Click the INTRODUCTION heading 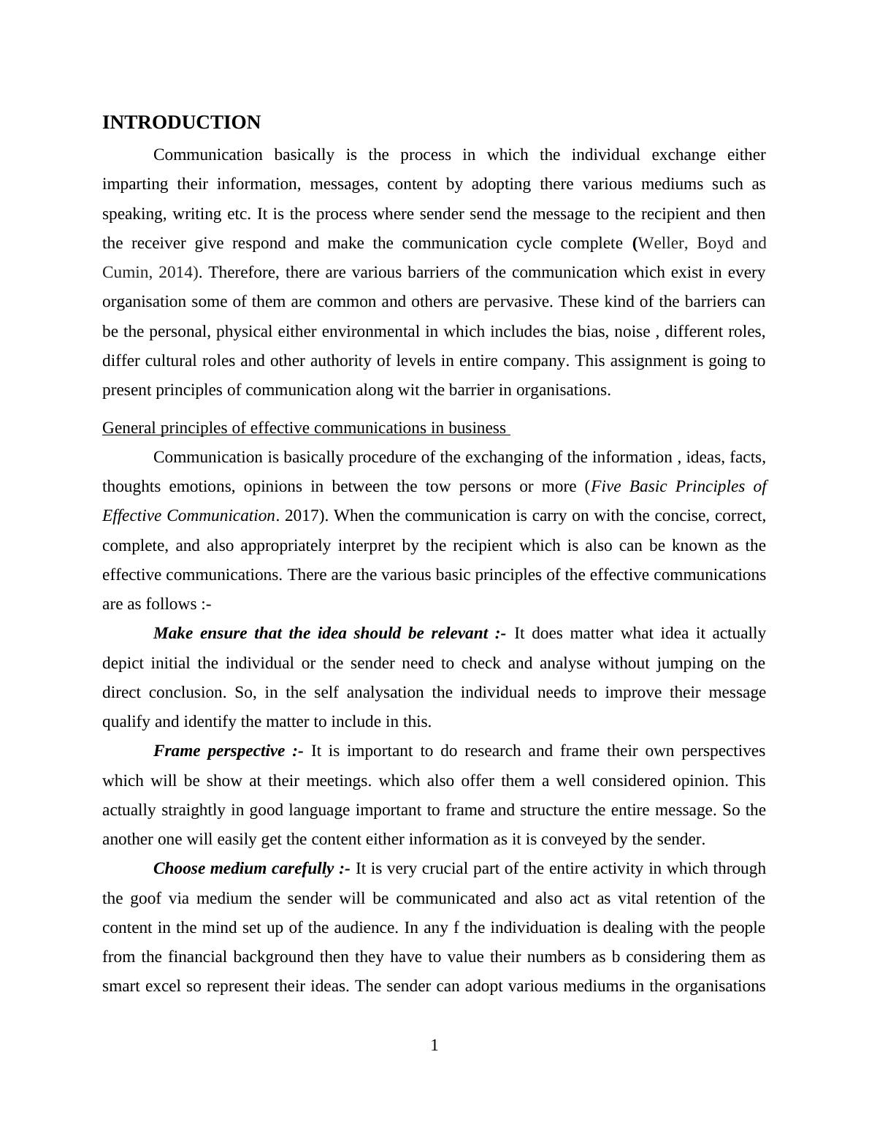[x=181, y=123]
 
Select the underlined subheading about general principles [x=305, y=428]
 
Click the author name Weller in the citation [x=662, y=243]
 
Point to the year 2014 [x=175, y=272]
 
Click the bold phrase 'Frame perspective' [x=219, y=751]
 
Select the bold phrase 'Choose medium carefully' [x=245, y=869]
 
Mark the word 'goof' [x=146, y=899]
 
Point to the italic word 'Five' [x=607, y=487]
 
